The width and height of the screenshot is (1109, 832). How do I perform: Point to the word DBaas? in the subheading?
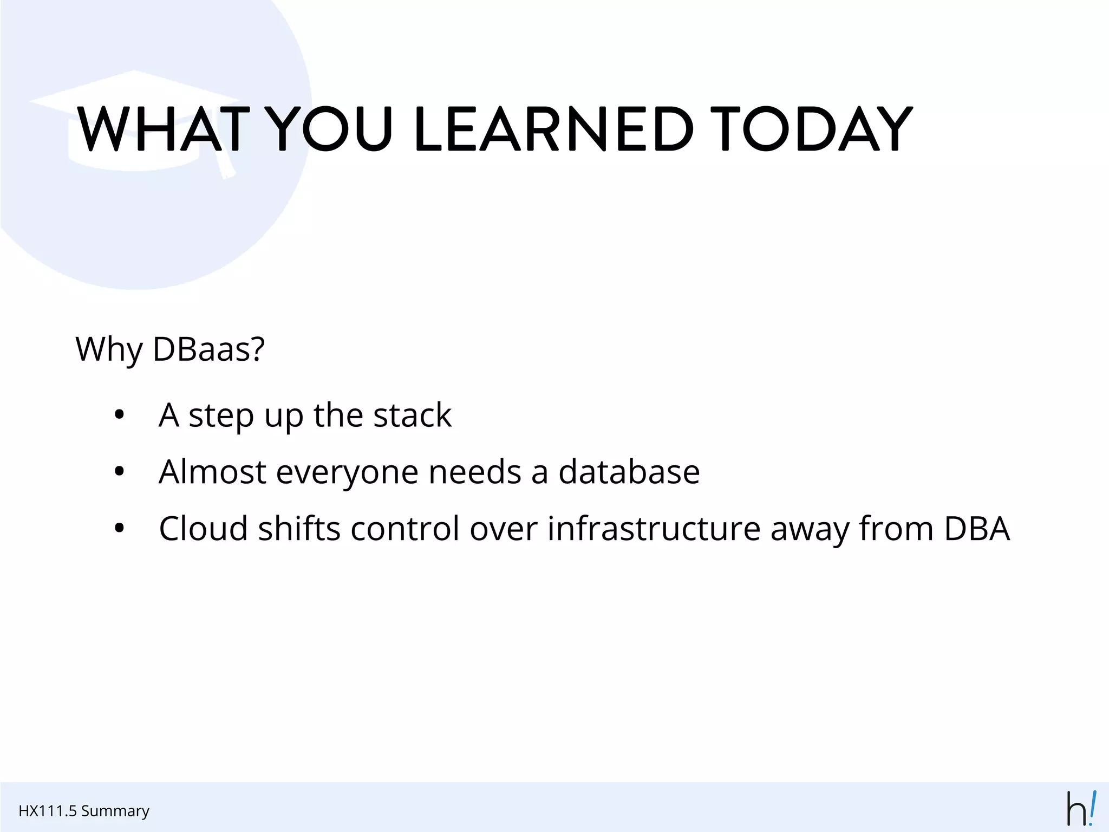coord(209,349)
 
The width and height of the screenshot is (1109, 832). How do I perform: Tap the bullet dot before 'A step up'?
coord(120,416)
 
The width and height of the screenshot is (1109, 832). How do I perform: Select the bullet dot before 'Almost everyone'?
coord(120,472)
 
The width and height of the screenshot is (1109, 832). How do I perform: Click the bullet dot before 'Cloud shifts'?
coord(120,529)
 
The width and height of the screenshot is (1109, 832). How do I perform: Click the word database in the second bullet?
coord(629,472)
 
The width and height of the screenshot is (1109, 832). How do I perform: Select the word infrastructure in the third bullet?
coord(654,529)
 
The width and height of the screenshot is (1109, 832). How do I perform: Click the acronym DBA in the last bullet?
coord(977,529)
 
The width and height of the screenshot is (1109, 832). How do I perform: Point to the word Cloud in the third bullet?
coord(203,529)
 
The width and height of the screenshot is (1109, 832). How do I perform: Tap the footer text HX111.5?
coord(47,811)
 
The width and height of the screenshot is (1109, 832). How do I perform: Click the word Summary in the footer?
coord(115,811)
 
